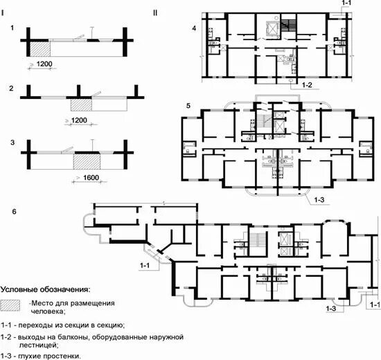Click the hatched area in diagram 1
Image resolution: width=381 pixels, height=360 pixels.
(x=40, y=49)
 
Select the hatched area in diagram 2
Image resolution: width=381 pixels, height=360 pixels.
(x=81, y=105)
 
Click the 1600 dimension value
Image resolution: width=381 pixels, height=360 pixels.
(x=91, y=177)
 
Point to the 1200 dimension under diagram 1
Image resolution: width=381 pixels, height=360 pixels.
(x=44, y=64)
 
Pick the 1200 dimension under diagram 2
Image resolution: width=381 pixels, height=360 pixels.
(x=79, y=120)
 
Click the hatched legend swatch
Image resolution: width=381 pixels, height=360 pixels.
(x=10, y=305)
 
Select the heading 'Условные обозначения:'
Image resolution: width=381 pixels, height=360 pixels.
(x=45, y=289)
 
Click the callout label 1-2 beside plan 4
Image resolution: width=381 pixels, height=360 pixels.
(x=307, y=85)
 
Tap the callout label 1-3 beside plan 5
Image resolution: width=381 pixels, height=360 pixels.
(x=319, y=199)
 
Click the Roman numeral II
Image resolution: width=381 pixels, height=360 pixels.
(x=155, y=12)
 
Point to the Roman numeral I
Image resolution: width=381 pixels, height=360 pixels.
(x=3, y=12)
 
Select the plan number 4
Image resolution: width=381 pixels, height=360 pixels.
(x=194, y=28)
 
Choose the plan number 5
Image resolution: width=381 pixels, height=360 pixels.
(x=188, y=106)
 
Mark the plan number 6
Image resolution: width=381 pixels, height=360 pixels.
(x=14, y=212)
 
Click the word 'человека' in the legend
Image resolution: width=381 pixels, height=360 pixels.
(x=48, y=311)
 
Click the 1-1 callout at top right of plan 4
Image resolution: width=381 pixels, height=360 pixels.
(x=346, y=3)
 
